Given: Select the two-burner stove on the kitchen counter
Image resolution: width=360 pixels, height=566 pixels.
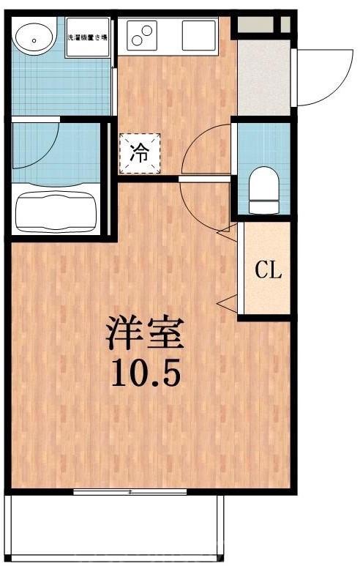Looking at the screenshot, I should click(x=143, y=34).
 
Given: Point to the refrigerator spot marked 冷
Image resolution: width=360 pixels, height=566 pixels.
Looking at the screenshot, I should click(x=138, y=154).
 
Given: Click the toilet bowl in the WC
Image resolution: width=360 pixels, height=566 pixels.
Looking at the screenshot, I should click(x=263, y=187).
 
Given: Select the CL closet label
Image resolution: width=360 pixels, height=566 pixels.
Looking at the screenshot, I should click(x=268, y=271).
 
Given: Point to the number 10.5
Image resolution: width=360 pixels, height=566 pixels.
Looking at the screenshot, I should click(x=146, y=373).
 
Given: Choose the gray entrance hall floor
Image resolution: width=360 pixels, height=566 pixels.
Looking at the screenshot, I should click(x=264, y=77).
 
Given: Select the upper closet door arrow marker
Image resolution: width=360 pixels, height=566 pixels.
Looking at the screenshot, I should click(x=225, y=232).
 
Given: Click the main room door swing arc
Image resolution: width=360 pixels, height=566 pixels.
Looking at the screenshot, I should click(x=205, y=205).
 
